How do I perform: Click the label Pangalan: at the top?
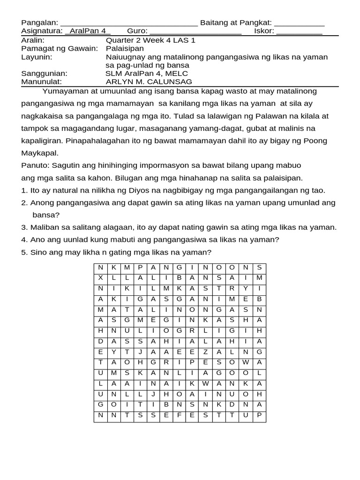[39, 23]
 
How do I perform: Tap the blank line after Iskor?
[299, 32]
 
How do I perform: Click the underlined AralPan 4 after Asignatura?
[88, 31]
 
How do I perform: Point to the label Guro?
[137, 31]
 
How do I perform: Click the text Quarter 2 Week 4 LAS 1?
[150, 40]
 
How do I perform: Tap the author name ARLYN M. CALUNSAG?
[149, 82]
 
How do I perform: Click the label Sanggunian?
[44, 74]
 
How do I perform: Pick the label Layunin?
[37, 57]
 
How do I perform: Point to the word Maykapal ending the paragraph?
[39, 153]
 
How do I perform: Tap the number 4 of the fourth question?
[23, 240]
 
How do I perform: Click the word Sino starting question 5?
[38, 252]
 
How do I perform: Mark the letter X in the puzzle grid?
[100, 278]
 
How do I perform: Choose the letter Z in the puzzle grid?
[205, 351]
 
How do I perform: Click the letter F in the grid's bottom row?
[179, 415]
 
